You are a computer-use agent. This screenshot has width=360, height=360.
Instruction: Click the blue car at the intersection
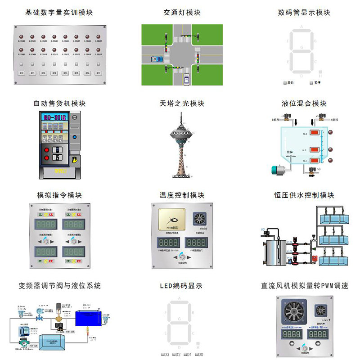point(157,59)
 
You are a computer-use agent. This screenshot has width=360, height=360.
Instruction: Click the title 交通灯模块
point(182,13)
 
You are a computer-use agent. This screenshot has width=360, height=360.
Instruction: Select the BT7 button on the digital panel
point(99,72)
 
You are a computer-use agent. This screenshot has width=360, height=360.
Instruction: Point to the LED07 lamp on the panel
point(99,37)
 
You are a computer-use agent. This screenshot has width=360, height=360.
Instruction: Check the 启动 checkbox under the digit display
point(285,83)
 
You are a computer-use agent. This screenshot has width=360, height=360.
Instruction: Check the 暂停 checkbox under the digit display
point(311,83)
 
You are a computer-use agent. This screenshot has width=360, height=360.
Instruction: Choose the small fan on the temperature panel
point(199,219)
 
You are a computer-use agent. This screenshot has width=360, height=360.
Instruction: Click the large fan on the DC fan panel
point(296,314)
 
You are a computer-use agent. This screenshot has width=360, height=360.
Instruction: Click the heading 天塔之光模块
point(182,103)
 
